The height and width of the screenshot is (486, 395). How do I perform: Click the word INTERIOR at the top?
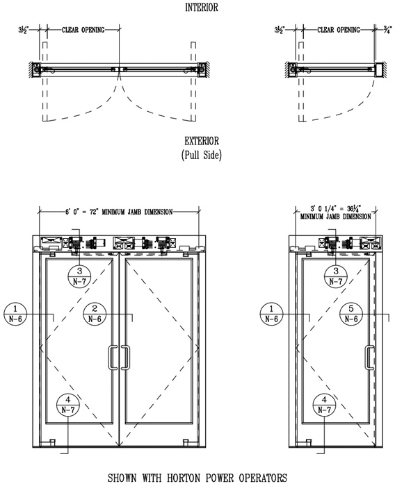click(202, 7)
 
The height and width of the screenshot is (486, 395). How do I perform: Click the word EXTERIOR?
click(202, 141)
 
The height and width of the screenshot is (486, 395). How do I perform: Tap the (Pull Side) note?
click(202, 155)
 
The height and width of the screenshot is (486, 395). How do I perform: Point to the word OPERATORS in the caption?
click(263, 478)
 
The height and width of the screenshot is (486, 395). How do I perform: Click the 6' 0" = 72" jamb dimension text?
click(82, 212)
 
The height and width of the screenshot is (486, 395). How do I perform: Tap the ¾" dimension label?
click(387, 30)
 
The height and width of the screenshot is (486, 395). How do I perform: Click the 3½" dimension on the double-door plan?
click(24, 30)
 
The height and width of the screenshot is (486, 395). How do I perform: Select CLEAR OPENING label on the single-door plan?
click(338, 30)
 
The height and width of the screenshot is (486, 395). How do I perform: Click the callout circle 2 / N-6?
click(95, 314)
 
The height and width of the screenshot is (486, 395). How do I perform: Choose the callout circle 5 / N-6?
click(351, 314)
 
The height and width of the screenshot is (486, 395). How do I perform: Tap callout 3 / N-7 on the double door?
click(79, 276)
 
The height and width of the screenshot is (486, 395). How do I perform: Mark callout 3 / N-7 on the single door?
click(336, 276)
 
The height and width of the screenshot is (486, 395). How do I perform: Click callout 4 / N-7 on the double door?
click(68, 405)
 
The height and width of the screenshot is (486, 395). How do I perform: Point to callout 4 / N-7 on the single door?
click(324, 405)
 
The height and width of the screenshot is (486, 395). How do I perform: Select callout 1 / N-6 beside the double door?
click(15, 314)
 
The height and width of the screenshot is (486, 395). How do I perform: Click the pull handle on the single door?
click(369, 358)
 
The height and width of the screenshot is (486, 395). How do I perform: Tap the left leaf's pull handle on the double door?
click(113, 358)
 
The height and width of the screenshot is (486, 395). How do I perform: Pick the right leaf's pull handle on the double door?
click(125, 358)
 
